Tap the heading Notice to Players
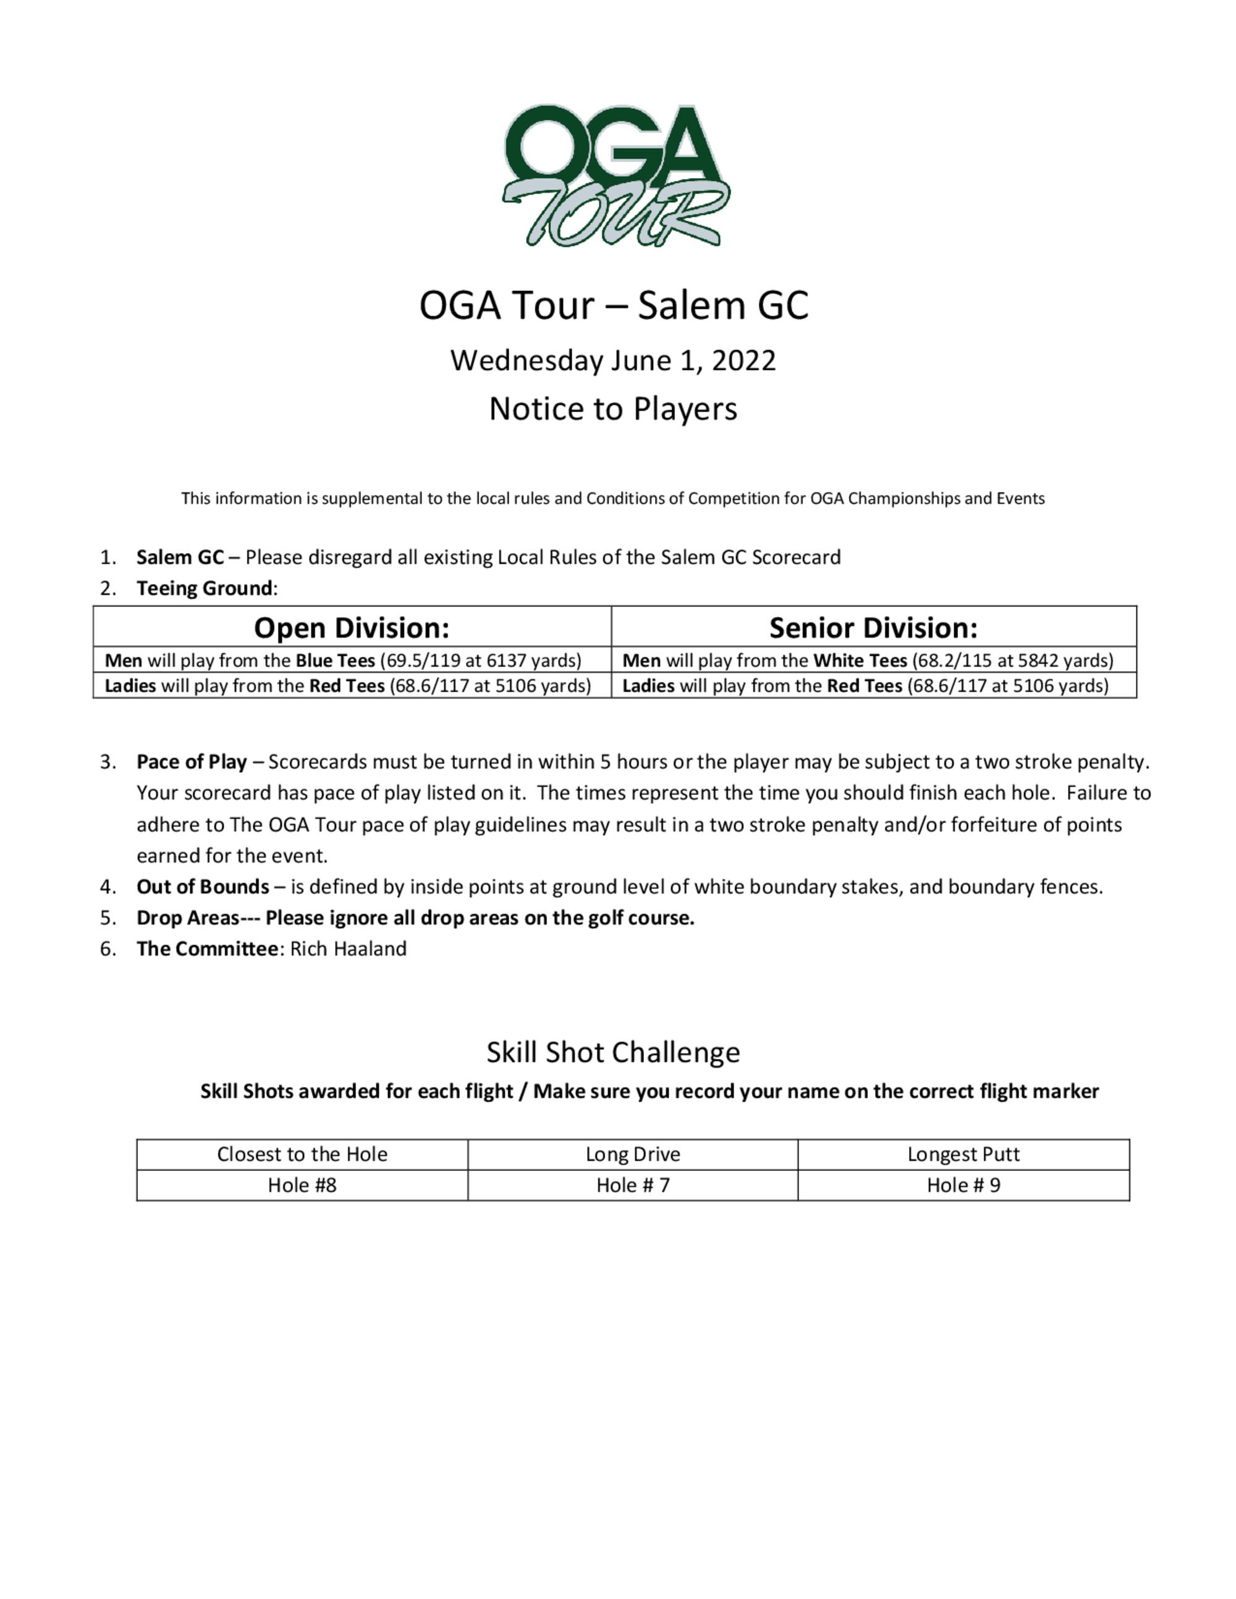[613, 408]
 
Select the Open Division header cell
[352, 628]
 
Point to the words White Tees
[860, 660]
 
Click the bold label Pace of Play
[191, 762]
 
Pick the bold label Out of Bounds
[202, 887]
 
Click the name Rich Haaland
[348, 949]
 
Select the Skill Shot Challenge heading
[613, 1052]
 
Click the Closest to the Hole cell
[302, 1155]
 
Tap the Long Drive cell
[633, 1155]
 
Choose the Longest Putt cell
[963, 1155]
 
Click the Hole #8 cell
[302, 1185]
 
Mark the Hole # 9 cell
[963, 1185]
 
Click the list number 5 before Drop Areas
[107, 918]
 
